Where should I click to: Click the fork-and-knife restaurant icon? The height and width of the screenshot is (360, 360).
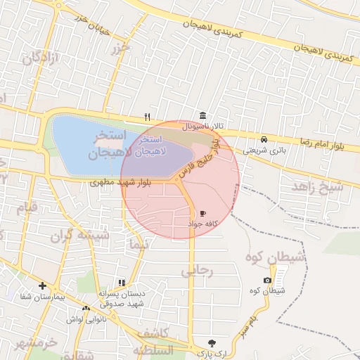click(x=147, y=117)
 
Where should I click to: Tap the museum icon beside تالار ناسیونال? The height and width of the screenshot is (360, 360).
click(x=202, y=115)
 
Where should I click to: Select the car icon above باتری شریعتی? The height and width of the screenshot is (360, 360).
click(x=264, y=139)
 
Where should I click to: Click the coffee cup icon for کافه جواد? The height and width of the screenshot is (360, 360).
click(x=203, y=212)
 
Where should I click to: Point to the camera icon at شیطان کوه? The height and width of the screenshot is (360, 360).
click(x=266, y=281)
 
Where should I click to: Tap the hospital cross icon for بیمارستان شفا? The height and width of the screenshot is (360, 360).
click(x=43, y=286)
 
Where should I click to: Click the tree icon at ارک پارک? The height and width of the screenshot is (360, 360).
click(x=212, y=342)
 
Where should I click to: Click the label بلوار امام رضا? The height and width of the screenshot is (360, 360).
click(x=321, y=145)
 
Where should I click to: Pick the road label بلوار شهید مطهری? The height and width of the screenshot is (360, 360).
click(x=118, y=181)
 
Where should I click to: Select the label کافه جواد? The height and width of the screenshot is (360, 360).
click(x=202, y=223)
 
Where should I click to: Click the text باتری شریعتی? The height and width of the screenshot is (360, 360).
click(x=262, y=150)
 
